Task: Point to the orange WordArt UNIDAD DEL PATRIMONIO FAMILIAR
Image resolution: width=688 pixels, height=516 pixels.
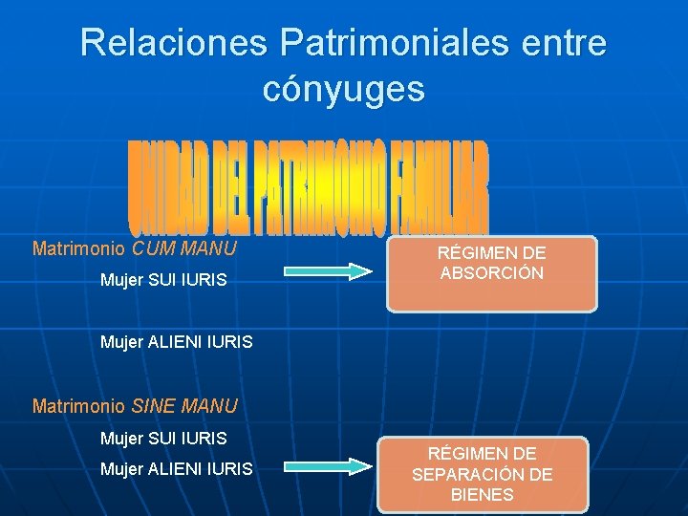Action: (x=308, y=190)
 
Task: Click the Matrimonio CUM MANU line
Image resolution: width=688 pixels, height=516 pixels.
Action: (x=135, y=249)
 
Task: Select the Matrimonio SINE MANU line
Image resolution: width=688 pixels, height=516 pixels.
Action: (x=135, y=406)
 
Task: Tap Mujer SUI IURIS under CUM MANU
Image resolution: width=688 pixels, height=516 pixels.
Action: (x=163, y=281)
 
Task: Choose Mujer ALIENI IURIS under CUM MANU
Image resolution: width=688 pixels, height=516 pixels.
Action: (x=177, y=340)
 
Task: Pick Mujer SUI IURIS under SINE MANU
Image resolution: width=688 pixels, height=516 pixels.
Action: (x=163, y=439)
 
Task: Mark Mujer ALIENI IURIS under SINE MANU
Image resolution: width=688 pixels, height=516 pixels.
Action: (x=177, y=468)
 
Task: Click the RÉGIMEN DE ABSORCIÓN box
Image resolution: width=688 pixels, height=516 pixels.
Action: (x=491, y=273)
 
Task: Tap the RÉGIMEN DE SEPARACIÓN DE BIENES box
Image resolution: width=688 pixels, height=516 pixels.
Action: (x=482, y=474)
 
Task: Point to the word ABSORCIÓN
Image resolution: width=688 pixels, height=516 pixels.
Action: (x=491, y=273)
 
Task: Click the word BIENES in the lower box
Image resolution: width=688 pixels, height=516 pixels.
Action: (x=482, y=495)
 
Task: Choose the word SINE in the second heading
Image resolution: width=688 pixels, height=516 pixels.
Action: (x=154, y=406)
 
